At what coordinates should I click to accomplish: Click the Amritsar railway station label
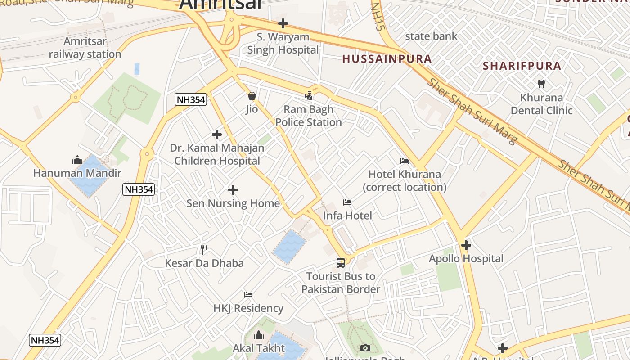[x=85, y=48]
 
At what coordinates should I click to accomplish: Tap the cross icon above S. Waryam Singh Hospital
[x=283, y=23]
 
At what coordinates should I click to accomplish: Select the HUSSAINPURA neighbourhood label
[x=387, y=58]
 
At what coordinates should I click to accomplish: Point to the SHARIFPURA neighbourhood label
[x=522, y=66]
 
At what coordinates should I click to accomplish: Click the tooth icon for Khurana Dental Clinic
[x=541, y=84]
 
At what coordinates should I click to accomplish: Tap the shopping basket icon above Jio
[x=252, y=96]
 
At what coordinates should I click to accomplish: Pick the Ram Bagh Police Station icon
[x=308, y=95]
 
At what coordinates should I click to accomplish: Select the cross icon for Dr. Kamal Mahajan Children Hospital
[x=217, y=134]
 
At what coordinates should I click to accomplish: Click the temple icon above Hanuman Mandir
[x=77, y=160]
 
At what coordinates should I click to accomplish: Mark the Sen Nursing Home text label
[x=233, y=203]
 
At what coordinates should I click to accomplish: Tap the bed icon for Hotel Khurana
[x=405, y=161]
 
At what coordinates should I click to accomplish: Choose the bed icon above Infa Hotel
[x=347, y=202]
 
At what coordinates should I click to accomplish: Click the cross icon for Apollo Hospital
[x=466, y=245]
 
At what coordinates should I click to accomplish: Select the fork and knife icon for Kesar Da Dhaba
[x=204, y=250]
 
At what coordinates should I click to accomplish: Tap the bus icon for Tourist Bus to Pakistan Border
[x=341, y=262]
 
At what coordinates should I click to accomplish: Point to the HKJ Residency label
[x=248, y=308]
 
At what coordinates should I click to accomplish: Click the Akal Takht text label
[x=259, y=348]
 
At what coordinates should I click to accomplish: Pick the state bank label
[x=431, y=36]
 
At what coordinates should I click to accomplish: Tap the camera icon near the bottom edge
[x=365, y=348]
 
